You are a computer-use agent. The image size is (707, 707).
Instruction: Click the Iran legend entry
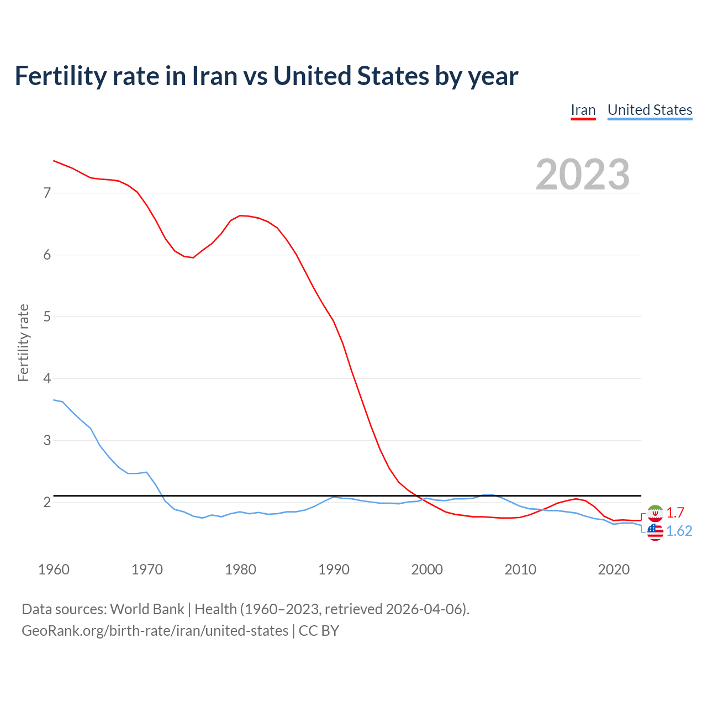pos(583,110)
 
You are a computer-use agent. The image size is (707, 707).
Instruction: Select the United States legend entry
pos(650,110)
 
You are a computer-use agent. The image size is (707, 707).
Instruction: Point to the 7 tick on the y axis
pos(47,193)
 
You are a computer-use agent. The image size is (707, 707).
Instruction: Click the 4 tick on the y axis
pos(47,378)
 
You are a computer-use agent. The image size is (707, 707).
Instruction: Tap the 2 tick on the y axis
pos(47,502)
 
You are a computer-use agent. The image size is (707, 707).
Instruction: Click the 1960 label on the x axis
pos(54,569)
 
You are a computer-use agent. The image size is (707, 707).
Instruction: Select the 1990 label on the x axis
pos(334,569)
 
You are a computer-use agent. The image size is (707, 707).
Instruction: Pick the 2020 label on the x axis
pos(614,569)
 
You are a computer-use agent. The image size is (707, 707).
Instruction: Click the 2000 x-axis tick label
pos(427,569)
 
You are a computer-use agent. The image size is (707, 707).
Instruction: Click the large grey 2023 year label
pos(583,175)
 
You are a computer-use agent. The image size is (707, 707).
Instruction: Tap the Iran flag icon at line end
pos(655,513)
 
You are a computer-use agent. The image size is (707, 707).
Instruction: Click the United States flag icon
pos(655,532)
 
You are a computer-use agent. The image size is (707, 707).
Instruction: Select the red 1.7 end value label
pos(675,513)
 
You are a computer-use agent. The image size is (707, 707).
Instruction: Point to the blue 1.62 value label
pos(679,531)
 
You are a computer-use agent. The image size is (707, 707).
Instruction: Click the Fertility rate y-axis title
pos(23,342)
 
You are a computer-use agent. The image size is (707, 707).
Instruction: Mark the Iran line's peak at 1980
pos(240,215)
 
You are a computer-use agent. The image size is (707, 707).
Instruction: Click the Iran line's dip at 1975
pos(193,257)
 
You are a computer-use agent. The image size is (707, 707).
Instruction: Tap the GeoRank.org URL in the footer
pos(155,630)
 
